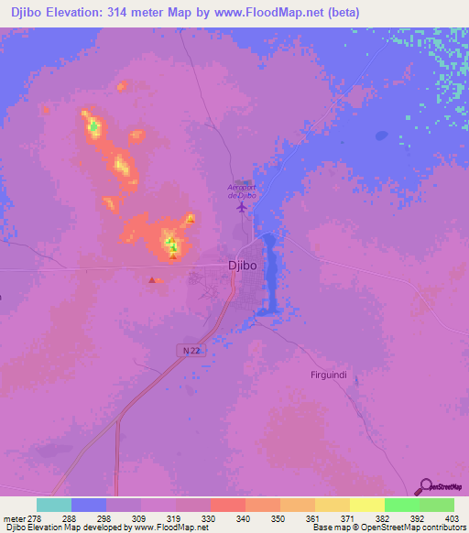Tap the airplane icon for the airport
click(x=242, y=206)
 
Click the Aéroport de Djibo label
click(x=241, y=191)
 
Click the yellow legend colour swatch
click(x=366, y=505)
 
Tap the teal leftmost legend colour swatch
click(x=54, y=505)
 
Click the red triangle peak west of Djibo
click(x=152, y=280)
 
